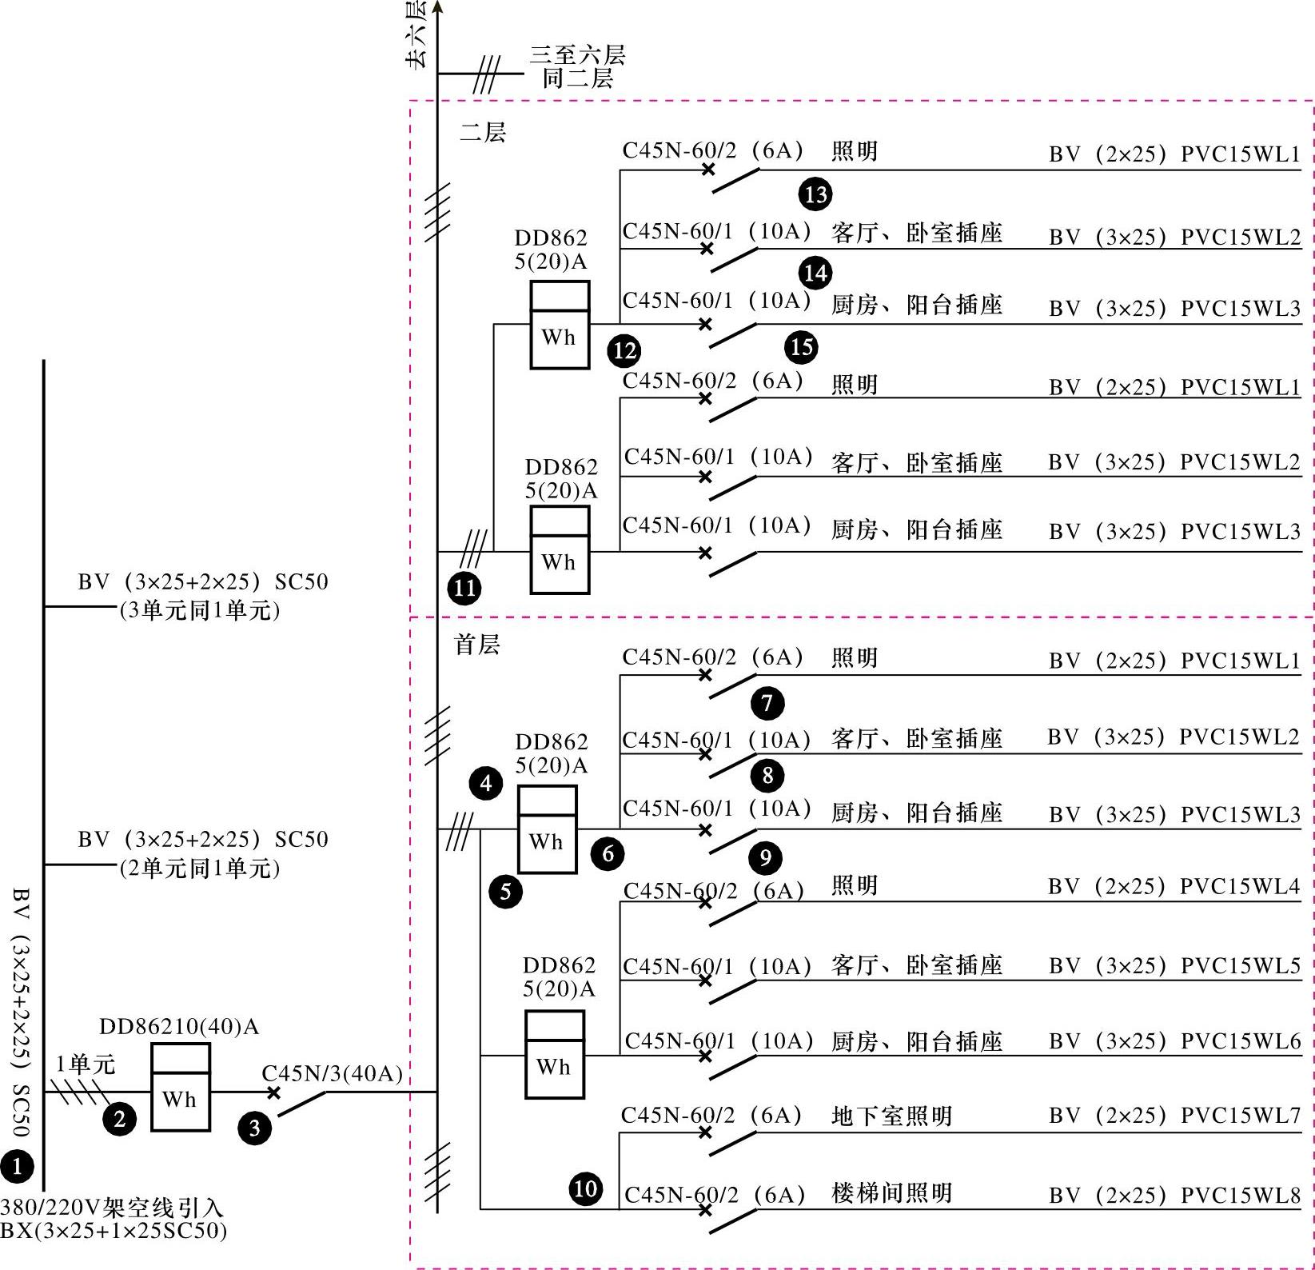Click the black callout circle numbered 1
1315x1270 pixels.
click(x=17, y=1167)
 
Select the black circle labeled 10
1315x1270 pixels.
click(x=586, y=1188)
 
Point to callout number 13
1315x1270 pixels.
click(x=815, y=194)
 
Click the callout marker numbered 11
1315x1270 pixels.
click(x=464, y=589)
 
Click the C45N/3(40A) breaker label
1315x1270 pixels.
click(x=332, y=1073)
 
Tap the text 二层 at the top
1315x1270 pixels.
click(x=483, y=132)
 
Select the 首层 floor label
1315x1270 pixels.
click(x=477, y=644)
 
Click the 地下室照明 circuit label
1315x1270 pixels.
click(x=891, y=1116)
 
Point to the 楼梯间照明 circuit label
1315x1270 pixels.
click(x=891, y=1193)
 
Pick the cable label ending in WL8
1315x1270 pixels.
click(x=1174, y=1196)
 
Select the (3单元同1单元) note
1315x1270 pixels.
click(x=200, y=611)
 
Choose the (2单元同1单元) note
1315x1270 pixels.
click(x=200, y=869)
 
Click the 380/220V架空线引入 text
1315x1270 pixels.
click(x=112, y=1207)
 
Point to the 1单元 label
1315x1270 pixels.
click(x=86, y=1064)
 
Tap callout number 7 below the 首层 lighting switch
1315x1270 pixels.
click(x=767, y=703)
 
